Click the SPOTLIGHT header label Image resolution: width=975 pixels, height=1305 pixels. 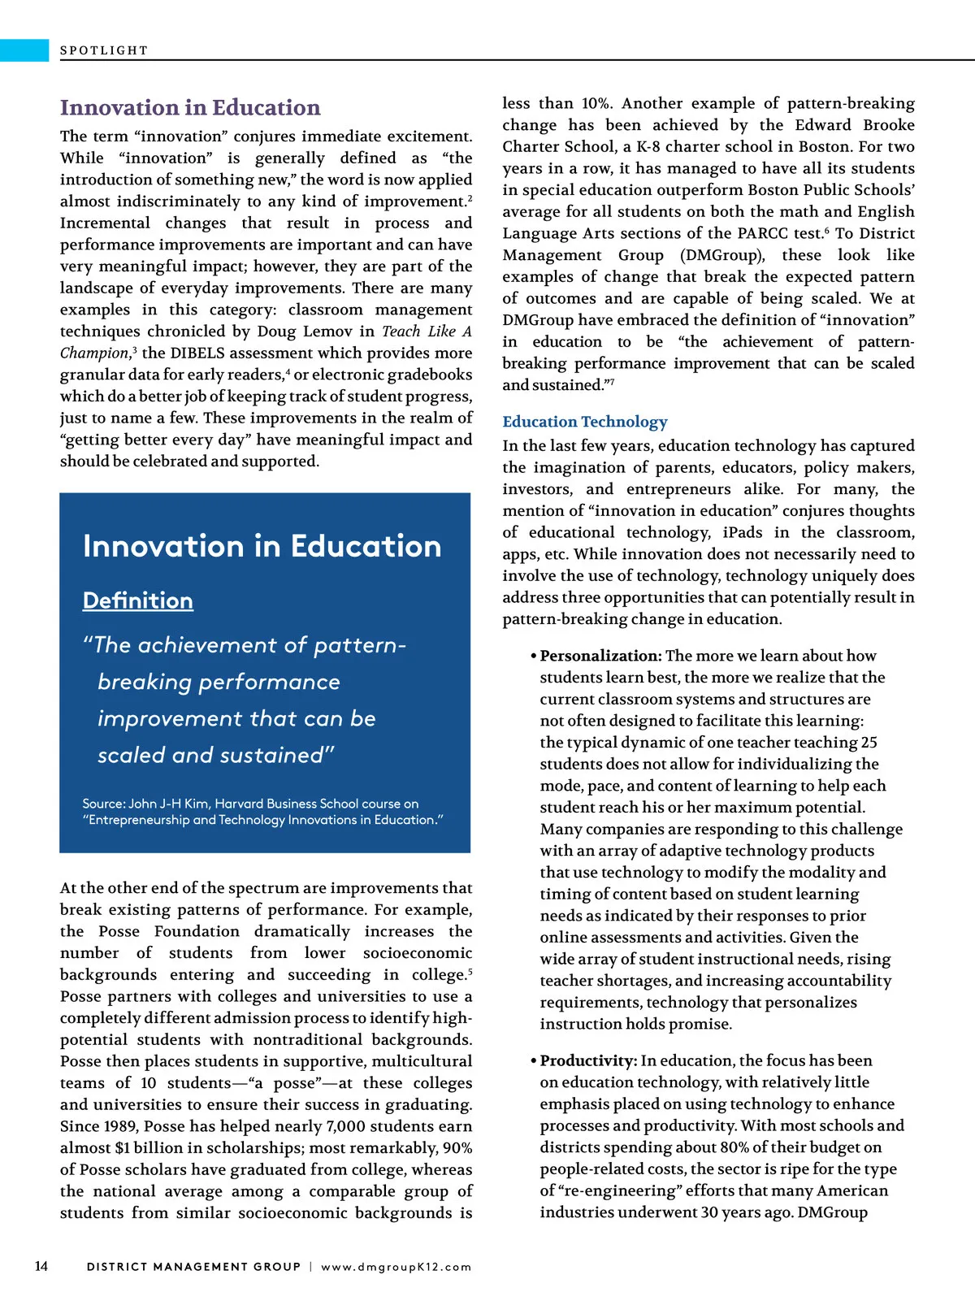coord(104,50)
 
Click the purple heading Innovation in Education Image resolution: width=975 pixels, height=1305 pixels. coord(190,108)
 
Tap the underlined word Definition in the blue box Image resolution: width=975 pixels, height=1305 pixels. coord(138,600)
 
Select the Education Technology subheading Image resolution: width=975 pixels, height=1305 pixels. coord(585,422)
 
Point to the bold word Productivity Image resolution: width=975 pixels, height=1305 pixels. coord(588,1060)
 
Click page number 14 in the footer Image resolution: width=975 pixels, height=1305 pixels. coord(41,1266)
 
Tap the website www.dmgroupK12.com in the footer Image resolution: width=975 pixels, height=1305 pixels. coord(396,1267)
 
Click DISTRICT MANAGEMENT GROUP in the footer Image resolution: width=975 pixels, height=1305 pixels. coord(193,1267)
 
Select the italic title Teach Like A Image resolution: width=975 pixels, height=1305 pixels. coord(427,332)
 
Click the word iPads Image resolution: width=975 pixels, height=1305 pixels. coord(743,532)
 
